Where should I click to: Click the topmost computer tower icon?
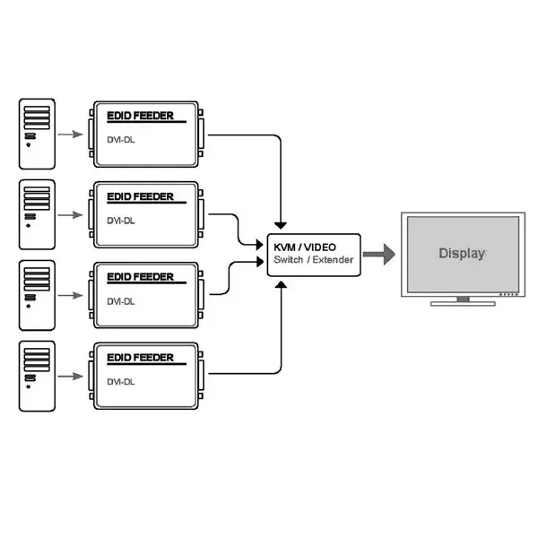click(x=37, y=134)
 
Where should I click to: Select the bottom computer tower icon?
click(x=37, y=376)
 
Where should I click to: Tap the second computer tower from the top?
click(x=37, y=214)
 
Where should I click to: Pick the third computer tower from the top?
click(x=37, y=295)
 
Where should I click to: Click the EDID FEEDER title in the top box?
click(x=141, y=116)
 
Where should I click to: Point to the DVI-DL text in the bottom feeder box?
click(x=121, y=382)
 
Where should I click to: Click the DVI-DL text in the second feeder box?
click(x=121, y=221)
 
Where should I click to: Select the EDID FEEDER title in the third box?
click(x=141, y=277)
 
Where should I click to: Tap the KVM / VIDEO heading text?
click(x=305, y=247)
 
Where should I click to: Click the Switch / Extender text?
click(x=313, y=260)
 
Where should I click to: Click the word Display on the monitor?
click(x=462, y=254)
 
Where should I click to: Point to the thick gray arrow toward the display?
click(x=379, y=255)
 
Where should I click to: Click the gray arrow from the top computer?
click(x=70, y=134)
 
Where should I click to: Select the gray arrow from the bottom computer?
click(x=70, y=377)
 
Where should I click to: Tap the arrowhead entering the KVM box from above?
click(x=281, y=225)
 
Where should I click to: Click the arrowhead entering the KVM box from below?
click(x=281, y=284)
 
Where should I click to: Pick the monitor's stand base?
click(x=463, y=304)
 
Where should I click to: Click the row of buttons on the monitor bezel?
click(x=508, y=294)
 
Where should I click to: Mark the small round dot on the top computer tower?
click(x=28, y=145)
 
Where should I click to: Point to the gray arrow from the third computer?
click(x=70, y=295)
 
